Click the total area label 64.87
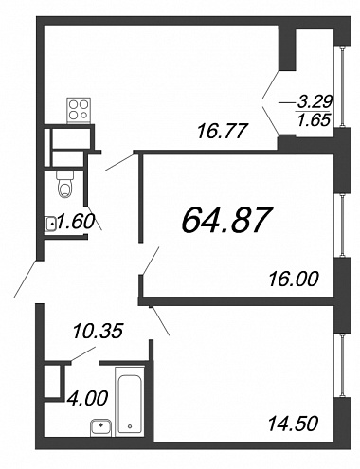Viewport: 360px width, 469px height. (x=226, y=220)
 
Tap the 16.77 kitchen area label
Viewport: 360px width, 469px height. (x=221, y=131)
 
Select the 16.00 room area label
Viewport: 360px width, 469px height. (x=294, y=279)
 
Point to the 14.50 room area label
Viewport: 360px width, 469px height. (x=293, y=424)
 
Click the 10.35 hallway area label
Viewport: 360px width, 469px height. (x=98, y=332)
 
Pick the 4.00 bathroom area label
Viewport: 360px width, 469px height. (x=87, y=398)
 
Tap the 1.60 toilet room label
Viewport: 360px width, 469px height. (x=76, y=222)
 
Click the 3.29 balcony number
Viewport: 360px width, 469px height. (x=315, y=101)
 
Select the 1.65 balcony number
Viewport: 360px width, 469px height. (x=314, y=119)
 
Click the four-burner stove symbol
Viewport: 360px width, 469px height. (x=79, y=110)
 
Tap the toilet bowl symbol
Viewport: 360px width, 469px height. (x=65, y=184)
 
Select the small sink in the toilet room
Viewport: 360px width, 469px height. (x=50, y=224)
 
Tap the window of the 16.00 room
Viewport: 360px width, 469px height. (x=343, y=225)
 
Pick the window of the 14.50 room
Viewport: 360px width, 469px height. (x=343, y=365)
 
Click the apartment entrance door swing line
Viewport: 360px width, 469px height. (x=27, y=279)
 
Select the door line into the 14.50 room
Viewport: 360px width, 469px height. (x=160, y=320)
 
